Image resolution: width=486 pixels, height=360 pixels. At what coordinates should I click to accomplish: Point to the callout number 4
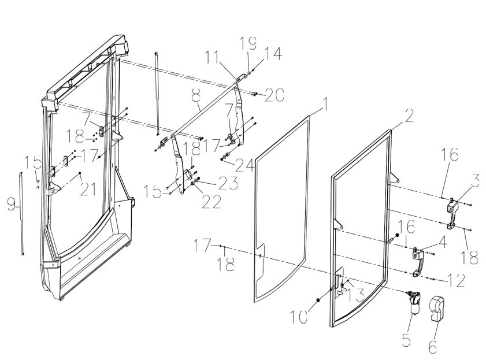point(443,242)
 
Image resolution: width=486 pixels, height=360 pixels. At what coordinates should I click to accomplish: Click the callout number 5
point(406,340)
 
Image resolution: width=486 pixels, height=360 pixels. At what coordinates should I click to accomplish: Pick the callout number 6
point(433,346)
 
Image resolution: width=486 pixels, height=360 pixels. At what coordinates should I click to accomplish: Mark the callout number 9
point(11,205)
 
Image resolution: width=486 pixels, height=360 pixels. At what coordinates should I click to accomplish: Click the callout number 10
point(299,317)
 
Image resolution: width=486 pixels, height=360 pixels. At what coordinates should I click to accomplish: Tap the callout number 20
point(274,95)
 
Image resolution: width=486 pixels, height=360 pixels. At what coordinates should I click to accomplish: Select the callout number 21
point(88,190)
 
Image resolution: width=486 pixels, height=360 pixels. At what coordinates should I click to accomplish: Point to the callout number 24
point(245,165)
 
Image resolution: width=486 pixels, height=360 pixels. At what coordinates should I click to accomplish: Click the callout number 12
point(457,280)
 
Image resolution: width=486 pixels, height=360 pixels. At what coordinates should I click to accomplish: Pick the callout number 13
point(355,295)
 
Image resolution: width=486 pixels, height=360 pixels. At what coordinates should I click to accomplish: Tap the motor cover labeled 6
point(437,308)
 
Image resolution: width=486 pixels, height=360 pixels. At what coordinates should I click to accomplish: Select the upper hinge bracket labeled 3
point(452,213)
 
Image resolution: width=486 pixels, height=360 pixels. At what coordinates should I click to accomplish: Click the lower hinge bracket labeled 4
point(418,261)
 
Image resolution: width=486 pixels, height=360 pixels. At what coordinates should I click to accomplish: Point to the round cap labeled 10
point(318,300)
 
